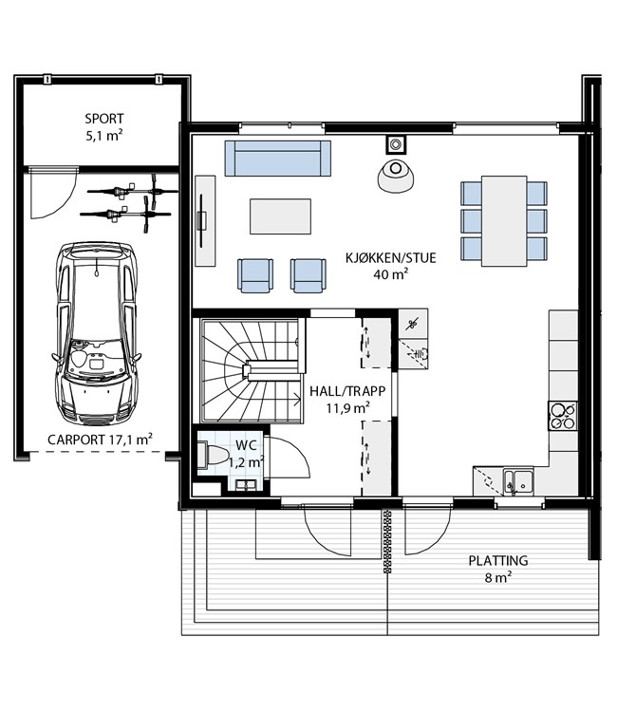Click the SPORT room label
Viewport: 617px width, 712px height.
pos(104,119)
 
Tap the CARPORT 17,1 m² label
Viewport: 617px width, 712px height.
pos(100,440)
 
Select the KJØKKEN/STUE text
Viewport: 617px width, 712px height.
pos(390,258)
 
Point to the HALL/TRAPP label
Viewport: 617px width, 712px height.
pos(347,391)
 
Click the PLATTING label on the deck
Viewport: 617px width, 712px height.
pos(498,561)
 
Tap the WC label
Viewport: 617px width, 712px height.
pos(246,445)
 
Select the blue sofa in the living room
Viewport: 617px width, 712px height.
pos(278,158)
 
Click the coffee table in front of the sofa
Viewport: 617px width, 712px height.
pos(281,216)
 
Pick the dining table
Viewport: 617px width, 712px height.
pos(504,221)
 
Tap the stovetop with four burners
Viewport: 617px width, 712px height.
pos(563,416)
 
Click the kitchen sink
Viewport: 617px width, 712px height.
pos(518,481)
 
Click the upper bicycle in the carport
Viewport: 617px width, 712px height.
pos(133,191)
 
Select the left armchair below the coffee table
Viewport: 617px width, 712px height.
pos(255,275)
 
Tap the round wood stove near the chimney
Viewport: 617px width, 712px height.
pos(396,176)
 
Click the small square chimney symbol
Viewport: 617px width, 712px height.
pos(396,145)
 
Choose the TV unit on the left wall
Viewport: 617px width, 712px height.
pos(205,220)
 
